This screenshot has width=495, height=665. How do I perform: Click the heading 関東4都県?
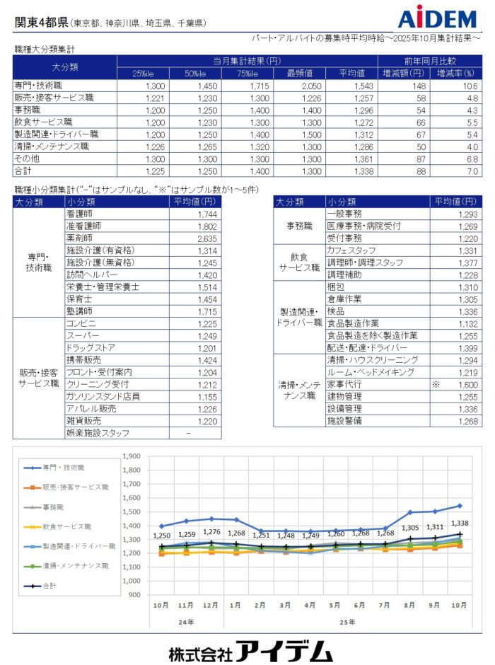click(41, 22)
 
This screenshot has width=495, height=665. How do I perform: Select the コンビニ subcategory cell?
click(81, 323)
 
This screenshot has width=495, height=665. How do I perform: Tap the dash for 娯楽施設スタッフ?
click(188, 432)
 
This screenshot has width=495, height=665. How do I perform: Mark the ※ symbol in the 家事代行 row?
click(436, 384)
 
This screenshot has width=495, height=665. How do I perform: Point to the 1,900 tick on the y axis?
click(131, 456)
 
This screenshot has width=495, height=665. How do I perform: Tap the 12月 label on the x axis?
click(210, 606)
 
